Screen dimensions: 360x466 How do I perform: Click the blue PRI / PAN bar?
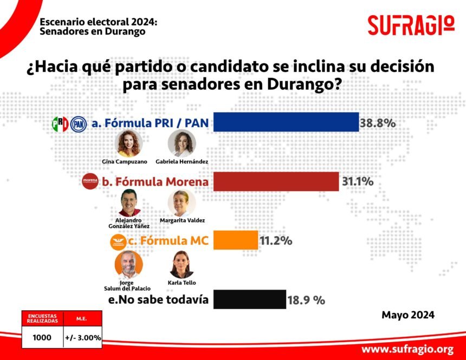pos(286,122)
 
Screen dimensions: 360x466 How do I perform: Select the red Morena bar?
pos(276,181)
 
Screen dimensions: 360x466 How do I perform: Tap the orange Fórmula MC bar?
pos(235,240)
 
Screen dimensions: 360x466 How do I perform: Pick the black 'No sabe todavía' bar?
pos(249,299)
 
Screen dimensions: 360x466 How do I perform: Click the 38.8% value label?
pos(378,123)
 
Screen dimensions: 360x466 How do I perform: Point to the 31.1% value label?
pos(358,182)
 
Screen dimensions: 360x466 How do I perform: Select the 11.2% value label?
pos(276,241)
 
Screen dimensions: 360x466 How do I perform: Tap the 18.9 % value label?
pos(306,300)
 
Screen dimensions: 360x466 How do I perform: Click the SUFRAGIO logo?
pos(411,25)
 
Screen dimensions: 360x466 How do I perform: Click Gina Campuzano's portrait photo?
pos(129,143)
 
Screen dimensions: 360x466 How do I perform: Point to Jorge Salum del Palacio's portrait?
pos(129,264)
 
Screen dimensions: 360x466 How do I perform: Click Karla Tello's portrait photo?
pos(182,264)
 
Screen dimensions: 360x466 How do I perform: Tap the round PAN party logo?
pos(78,124)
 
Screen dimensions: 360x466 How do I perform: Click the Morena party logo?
pos(90,182)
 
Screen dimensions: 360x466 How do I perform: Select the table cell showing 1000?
pos(42,337)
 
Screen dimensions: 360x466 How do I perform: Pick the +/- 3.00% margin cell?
pos(82,337)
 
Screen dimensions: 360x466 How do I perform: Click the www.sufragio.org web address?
pos(407,349)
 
